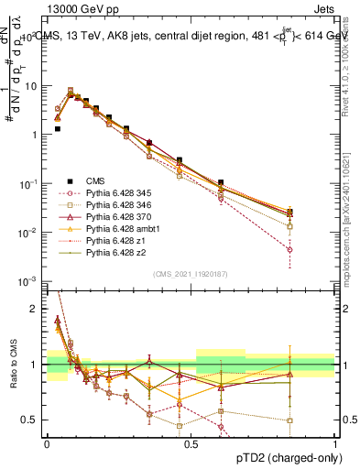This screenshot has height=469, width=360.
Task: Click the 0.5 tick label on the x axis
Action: (191, 442)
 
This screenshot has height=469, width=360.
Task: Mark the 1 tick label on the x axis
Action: (334, 442)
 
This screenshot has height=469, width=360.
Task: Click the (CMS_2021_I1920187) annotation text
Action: (190, 274)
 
